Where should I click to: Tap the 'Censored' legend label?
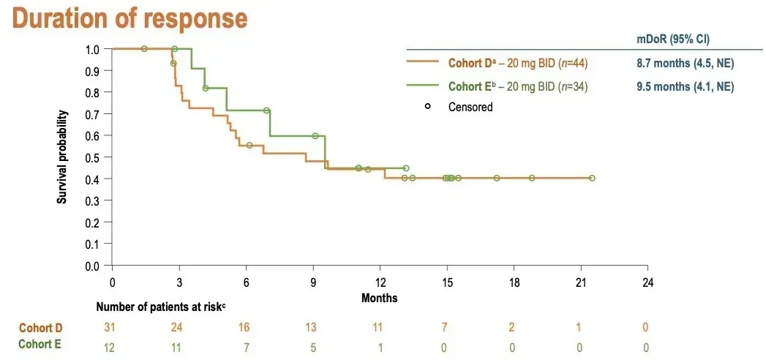click(470, 107)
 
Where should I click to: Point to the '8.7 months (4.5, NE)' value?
click(685, 64)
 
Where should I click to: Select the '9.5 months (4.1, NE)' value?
click(685, 86)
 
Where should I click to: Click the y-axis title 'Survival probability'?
click(63, 157)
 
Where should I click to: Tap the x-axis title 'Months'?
click(380, 298)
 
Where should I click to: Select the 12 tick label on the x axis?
click(380, 282)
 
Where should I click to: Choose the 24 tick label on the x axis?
click(647, 282)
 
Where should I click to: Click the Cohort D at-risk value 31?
click(112, 326)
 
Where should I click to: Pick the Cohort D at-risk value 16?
click(246, 326)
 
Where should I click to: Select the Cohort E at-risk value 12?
click(112, 345)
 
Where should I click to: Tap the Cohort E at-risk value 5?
click(313, 345)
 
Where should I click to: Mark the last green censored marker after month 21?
click(592, 178)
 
